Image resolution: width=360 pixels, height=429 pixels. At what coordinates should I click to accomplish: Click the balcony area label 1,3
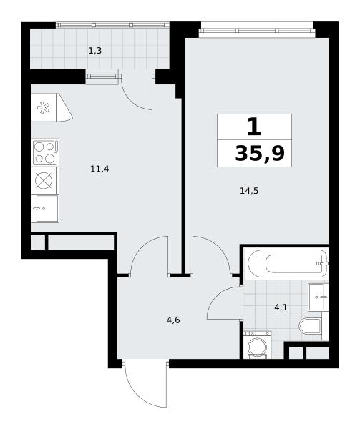click(x=95, y=51)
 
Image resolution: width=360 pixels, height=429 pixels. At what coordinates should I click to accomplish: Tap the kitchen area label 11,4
click(x=99, y=169)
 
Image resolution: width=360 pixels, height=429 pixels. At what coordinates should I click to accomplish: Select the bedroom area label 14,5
click(x=249, y=191)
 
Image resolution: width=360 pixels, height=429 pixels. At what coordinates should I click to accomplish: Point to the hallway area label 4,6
click(x=173, y=320)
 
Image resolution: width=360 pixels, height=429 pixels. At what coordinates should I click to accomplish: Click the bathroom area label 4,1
click(x=281, y=307)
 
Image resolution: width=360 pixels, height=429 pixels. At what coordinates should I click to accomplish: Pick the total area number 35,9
click(x=260, y=154)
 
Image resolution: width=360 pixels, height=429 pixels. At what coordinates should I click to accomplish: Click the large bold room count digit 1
click(x=254, y=127)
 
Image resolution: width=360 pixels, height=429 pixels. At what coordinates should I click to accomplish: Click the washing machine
click(x=257, y=345)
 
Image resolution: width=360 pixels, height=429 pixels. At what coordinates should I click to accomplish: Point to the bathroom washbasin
click(x=318, y=297)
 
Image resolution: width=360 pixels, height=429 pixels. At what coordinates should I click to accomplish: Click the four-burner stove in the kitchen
click(x=45, y=153)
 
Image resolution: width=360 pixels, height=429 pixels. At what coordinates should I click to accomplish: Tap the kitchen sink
click(x=45, y=209)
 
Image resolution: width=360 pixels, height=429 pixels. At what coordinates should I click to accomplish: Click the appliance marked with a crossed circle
click(x=44, y=181)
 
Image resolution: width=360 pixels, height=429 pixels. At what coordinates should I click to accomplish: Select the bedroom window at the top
click(x=257, y=30)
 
